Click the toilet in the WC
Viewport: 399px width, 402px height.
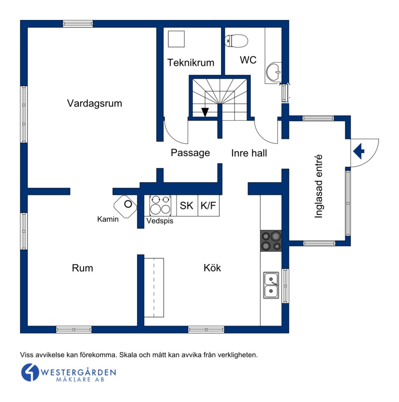[236, 41]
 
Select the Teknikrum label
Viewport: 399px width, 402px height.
[191, 62]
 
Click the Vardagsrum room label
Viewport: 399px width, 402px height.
[94, 103]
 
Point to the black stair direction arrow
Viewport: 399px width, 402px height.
[205, 112]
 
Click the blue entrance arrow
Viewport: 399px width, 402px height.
[359, 151]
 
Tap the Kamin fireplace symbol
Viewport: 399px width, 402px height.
[125, 206]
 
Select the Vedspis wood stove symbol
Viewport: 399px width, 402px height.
[160, 205]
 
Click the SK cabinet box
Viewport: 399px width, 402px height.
[187, 205]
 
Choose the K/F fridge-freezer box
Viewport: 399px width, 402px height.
[208, 205]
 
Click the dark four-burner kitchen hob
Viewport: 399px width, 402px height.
[271, 240]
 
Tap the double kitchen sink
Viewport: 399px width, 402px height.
[271, 285]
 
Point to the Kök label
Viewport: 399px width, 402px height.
[212, 268]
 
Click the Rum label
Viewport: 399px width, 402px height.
[82, 268]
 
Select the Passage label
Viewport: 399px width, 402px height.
[190, 153]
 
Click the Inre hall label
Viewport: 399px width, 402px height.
[249, 153]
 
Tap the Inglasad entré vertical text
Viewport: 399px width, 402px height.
[318, 187]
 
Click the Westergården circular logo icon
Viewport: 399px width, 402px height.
[30, 372]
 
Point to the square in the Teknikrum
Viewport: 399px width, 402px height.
[176, 39]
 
